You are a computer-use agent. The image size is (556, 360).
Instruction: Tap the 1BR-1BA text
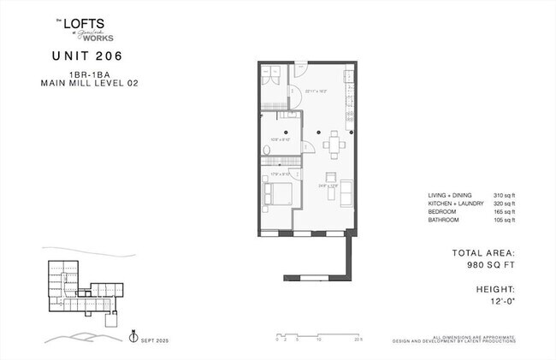pyautogui.click(x=88, y=74)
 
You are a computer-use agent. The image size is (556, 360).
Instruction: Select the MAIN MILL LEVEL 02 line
pyautogui.click(x=88, y=83)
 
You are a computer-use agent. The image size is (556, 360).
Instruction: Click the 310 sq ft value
pyautogui.click(x=504, y=196)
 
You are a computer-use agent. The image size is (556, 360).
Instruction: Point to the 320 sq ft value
pyautogui.click(x=504, y=204)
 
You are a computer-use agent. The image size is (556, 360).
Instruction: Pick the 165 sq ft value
pyautogui.click(x=504, y=212)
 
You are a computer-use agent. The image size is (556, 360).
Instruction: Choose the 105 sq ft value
pyautogui.click(x=504, y=221)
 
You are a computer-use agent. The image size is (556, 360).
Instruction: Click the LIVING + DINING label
pyautogui.click(x=448, y=196)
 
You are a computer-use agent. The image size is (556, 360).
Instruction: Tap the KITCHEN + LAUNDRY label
pyautogui.click(x=452, y=204)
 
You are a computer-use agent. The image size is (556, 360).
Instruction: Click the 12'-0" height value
pyautogui.click(x=502, y=301)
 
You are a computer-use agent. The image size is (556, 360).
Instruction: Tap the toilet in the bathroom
pyautogui.click(x=267, y=150)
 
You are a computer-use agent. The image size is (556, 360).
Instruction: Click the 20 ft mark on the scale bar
pyautogui.click(x=358, y=339)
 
